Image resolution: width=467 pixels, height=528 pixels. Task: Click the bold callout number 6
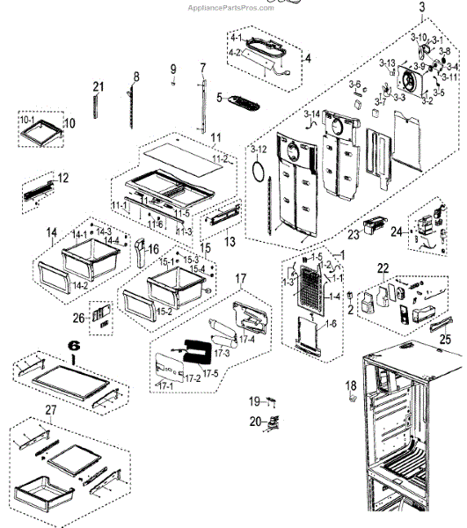(74, 348)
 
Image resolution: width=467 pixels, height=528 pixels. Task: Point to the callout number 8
(136, 77)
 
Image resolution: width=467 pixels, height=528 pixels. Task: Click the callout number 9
(173, 69)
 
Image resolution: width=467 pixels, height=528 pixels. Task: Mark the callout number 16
(152, 249)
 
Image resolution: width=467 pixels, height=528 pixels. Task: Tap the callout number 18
(351, 385)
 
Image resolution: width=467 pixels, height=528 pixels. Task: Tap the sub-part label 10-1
(26, 119)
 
